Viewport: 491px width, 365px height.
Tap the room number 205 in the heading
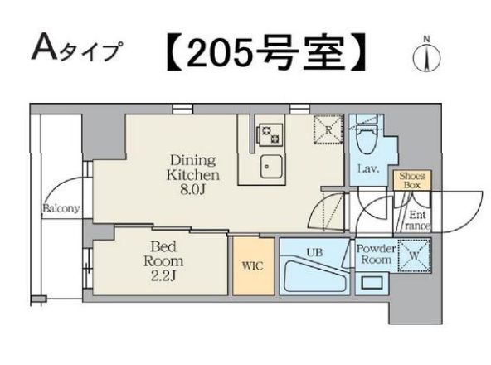point(218,53)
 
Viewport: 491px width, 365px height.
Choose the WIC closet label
point(251,267)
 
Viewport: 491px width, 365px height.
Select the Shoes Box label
point(412,181)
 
